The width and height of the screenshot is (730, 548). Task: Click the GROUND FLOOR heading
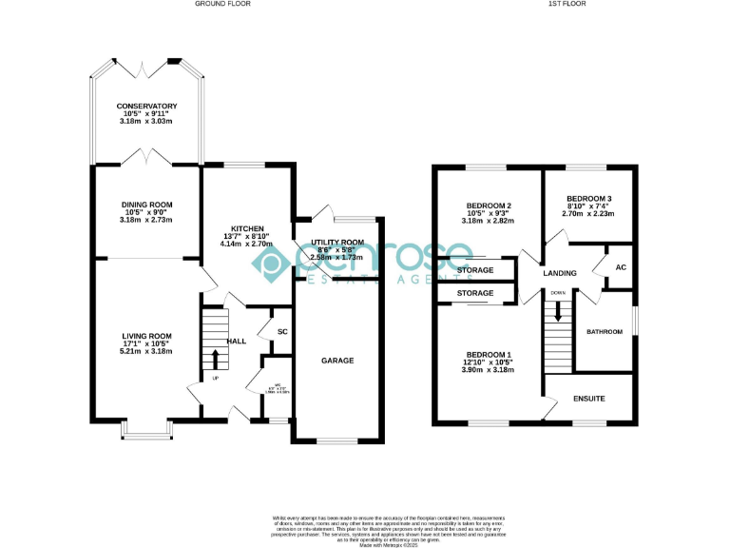click(x=221, y=4)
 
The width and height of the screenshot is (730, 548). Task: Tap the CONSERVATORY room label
click(x=146, y=106)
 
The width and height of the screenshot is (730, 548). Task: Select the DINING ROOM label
click(x=146, y=204)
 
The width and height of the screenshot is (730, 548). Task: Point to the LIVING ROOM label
click(x=146, y=335)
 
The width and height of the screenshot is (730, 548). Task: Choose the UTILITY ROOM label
click(x=337, y=243)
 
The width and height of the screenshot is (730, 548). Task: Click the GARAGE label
click(x=337, y=361)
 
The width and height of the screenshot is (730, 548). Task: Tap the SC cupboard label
click(x=281, y=331)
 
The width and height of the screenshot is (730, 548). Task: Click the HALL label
click(x=237, y=341)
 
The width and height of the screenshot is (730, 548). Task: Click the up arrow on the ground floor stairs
click(x=215, y=359)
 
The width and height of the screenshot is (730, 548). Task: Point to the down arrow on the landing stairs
click(x=558, y=310)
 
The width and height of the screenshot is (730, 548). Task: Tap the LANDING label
click(x=560, y=273)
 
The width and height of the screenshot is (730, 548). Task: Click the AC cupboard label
click(x=621, y=267)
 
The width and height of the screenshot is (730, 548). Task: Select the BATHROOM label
click(x=604, y=331)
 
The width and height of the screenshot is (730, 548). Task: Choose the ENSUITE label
click(x=589, y=400)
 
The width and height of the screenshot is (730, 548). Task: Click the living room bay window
click(x=146, y=434)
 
